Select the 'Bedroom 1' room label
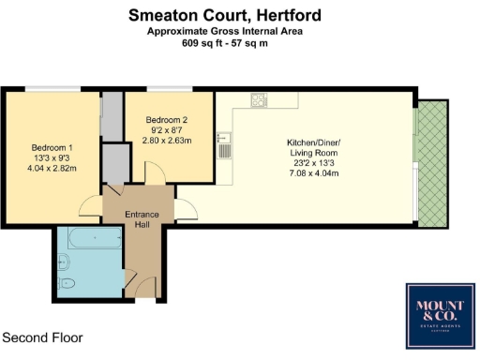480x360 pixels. pos(52,148)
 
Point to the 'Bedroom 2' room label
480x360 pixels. pos(167,120)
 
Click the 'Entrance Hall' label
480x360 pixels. pos(143,219)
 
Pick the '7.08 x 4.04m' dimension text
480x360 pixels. pos(313,173)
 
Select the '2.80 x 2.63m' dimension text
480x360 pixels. pos(167,142)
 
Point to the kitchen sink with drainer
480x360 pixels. pos(224,146)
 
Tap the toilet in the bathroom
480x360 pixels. pos(66,284)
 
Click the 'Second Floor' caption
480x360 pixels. pos(42,337)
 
